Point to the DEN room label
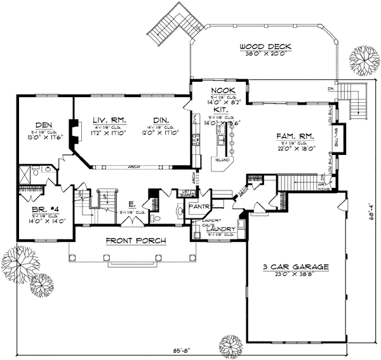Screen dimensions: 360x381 (x=43, y=124)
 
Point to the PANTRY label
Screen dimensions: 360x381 (x=196, y=206)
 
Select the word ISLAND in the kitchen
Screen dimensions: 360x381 (x=224, y=160)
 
